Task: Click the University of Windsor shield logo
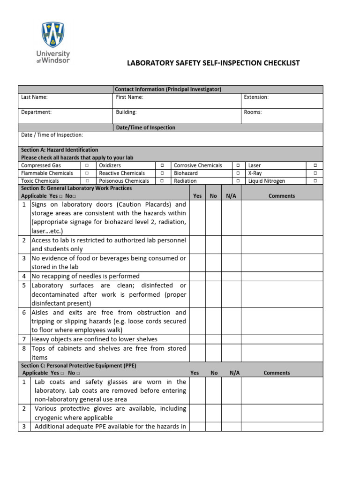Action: [x=53, y=35]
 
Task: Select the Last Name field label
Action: [x=34, y=97]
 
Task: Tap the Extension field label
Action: [x=256, y=97]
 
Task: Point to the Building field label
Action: [x=126, y=112]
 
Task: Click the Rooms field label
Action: [x=253, y=112]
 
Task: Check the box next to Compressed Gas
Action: [x=87, y=165]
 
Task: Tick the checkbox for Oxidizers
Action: [x=162, y=165]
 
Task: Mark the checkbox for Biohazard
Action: [x=238, y=173]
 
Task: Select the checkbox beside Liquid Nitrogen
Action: [x=315, y=180]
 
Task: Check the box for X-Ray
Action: [x=315, y=173]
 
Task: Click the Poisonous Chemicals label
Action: [x=124, y=180]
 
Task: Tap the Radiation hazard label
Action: [x=185, y=180]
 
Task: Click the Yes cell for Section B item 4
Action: [x=197, y=276]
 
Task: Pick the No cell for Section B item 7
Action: [x=213, y=339]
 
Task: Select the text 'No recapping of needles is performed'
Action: [x=85, y=276]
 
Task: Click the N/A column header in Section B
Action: [x=231, y=196]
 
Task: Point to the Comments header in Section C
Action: [x=277, y=373]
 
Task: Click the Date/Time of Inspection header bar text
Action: [x=145, y=127]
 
